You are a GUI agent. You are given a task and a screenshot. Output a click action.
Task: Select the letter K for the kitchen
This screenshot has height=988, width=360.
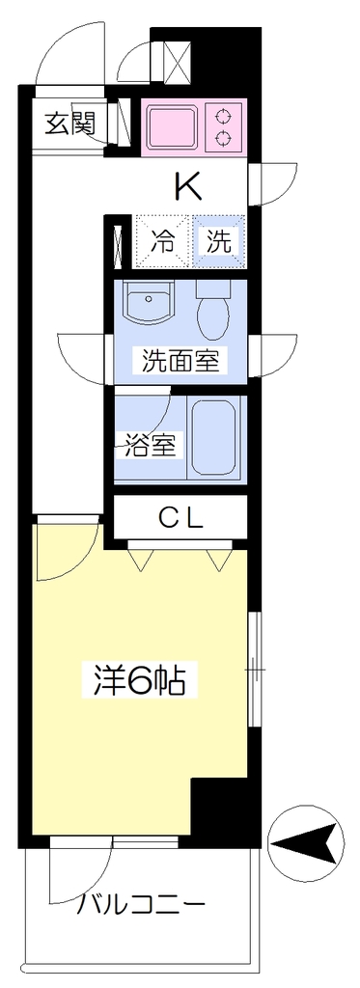pos(188,186)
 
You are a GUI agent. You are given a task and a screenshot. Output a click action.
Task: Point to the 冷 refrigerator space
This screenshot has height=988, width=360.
pos(163,241)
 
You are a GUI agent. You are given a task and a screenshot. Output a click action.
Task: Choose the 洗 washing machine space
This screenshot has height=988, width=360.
pos(218,241)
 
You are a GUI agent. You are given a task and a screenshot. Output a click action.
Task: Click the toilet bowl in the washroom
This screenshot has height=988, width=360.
pos(216,313)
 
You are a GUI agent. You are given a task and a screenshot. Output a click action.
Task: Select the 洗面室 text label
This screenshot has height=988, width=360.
pos(180,362)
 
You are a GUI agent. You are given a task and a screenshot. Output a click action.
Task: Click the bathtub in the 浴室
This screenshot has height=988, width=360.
pos(214,438)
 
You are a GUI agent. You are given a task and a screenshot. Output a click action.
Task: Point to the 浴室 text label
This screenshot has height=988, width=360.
pos(149,446)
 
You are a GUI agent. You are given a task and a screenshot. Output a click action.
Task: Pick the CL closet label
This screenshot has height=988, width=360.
pos(180,519)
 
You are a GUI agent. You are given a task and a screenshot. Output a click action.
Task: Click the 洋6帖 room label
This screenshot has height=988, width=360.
pos(139,680)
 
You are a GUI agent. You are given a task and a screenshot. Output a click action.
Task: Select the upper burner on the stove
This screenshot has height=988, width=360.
pos(223,116)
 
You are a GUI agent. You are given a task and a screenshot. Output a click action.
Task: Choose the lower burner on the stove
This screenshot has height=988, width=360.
pos(223,136)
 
